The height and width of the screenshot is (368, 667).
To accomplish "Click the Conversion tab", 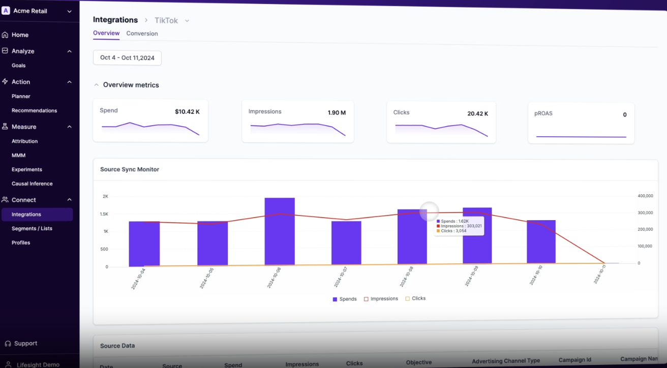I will click(142, 34).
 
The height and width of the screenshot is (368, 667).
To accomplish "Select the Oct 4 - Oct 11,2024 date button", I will click(127, 58).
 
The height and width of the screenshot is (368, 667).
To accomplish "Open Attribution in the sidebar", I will click(24, 141).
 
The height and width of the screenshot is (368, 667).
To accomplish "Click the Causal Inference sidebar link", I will click(32, 183).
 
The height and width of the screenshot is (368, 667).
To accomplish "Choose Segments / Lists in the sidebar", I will click(32, 228).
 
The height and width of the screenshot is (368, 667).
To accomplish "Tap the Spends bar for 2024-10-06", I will click(280, 231).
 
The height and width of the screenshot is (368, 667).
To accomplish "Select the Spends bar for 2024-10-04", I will click(144, 243).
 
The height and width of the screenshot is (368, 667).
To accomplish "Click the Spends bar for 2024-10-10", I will click(541, 242).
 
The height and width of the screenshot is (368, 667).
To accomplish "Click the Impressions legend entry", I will click(381, 299).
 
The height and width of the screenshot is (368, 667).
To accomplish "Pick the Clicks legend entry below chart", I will click(415, 299).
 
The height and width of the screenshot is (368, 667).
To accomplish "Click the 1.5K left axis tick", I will click(104, 214).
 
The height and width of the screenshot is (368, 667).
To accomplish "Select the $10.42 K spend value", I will click(187, 112).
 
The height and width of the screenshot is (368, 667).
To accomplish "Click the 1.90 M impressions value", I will click(337, 113).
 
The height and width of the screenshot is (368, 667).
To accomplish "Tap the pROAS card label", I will click(543, 113).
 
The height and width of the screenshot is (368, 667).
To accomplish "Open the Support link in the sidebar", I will click(25, 344).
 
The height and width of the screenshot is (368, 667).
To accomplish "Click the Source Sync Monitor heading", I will click(130, 169).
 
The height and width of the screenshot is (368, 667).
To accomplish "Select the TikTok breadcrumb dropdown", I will click(172, 21).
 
